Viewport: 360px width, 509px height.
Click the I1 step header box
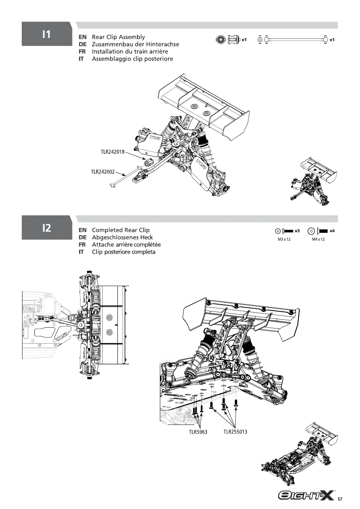(x=47, y=34)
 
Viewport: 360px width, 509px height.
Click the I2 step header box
(x=47, y=227)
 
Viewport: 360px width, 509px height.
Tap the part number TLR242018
(x=113, y=152)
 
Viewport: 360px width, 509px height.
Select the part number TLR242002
(x=103, y=172)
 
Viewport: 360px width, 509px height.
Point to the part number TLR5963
(x=198, y=432)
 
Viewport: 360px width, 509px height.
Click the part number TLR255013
(x=235, y=432)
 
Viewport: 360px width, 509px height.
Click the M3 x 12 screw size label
(x=284, y=239)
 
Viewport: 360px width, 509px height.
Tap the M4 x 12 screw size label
(x=318, y=239)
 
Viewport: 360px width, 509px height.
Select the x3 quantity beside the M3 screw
(x=297, y=231)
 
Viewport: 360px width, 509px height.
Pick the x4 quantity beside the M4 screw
(x=332, y=231)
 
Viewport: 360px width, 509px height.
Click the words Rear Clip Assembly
(x=119, y=37)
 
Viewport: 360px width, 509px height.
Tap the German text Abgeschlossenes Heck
(x=122, y=237)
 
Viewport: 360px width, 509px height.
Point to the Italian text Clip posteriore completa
(x=124, y=252)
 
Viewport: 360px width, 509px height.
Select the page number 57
(x=340, y=499)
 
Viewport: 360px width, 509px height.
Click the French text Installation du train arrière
(x=130, y=51)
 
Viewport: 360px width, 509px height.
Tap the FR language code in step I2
(x=82, y=245)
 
